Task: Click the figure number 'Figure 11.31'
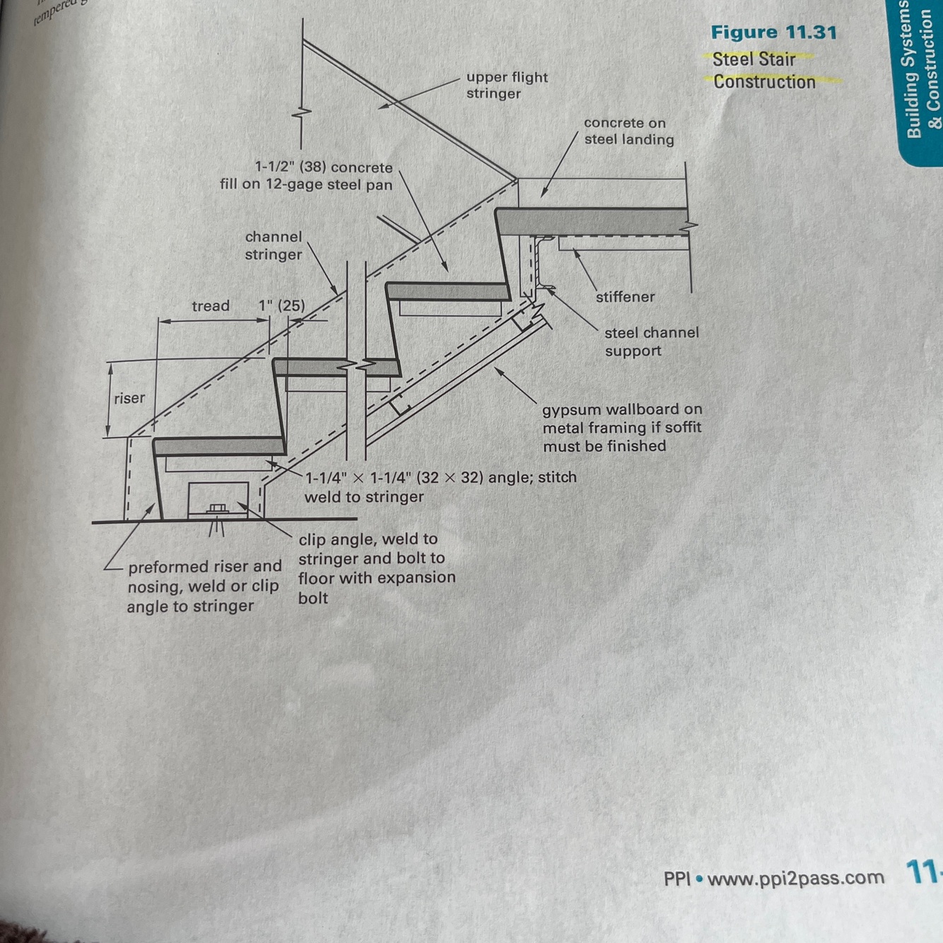(773, 33)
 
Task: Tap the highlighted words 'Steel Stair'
(754, 59)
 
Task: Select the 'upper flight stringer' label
(507, 85)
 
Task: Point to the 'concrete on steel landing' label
(628, 131)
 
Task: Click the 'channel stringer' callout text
(273, 245)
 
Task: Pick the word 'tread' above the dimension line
(211, 306)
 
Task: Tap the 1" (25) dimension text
(281, 305)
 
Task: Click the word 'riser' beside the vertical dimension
(129, 398)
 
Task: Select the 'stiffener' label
(625, 297)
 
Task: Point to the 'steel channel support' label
(651, 341)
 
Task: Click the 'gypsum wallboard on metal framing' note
(622, 427)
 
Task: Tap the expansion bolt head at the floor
(217, 508)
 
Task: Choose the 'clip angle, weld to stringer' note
(376, 568)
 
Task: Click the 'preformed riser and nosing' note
(204, 586)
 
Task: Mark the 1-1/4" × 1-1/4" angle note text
(440, 486)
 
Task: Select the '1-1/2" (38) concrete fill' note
(306, 176)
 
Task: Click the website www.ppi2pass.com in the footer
(795, 878)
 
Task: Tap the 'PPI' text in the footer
(676, 879)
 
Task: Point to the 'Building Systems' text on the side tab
(913, 71)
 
